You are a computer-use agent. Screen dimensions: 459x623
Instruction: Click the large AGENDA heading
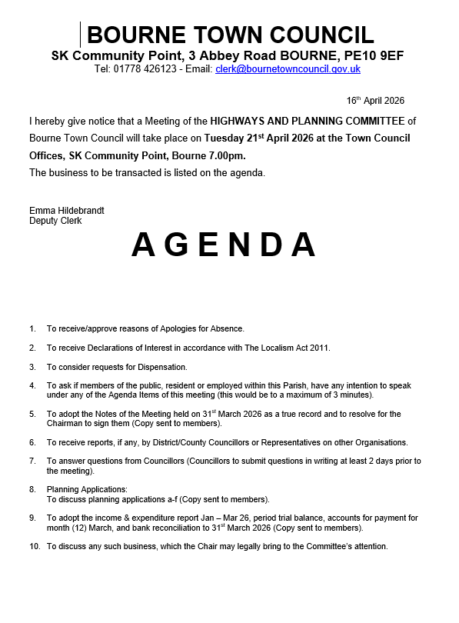[x=224, y=245]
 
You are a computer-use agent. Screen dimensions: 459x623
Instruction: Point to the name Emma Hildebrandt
[x=67, y=211]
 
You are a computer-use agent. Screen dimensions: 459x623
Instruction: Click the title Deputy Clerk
[x=55, y=221]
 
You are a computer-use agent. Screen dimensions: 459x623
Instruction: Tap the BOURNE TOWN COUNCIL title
[x=231, y=35]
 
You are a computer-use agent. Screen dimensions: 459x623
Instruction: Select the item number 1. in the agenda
[x=33, y=328]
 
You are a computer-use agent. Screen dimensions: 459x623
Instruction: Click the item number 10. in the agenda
[x=35, y=547]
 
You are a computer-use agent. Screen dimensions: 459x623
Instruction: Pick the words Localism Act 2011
[x=295, y=348]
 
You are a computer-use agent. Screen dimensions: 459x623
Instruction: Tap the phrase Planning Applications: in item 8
[x=87, y=489]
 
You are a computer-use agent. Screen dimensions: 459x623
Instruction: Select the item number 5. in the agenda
[x=33, y=414]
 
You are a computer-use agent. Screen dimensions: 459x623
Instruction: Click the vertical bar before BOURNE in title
[x=81, y=35]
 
